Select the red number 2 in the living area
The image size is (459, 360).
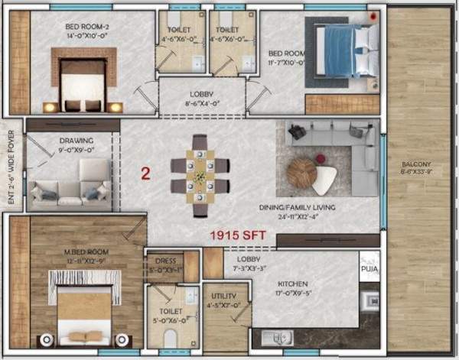coord(145,174)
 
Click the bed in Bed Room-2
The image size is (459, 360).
coord(83,83)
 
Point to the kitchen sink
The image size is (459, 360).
coord(277,337)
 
